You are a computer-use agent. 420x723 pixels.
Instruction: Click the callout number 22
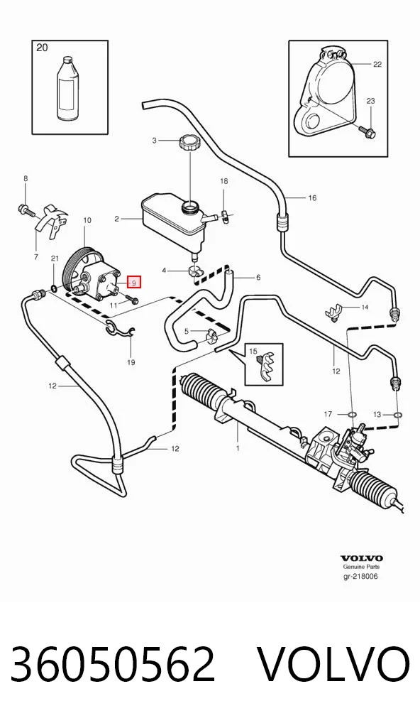click(377, 64)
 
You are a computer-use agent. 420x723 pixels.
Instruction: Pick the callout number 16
click(312, 198)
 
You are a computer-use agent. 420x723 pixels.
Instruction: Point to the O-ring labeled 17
click(351, 415)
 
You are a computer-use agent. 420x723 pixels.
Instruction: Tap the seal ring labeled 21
click(55, 288)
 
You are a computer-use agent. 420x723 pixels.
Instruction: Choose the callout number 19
click(131, 362)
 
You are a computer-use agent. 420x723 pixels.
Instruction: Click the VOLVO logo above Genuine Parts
click(362, 558)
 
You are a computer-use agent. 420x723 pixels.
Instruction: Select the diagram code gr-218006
click(360, 577)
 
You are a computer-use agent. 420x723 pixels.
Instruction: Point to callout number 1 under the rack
click(238, 447)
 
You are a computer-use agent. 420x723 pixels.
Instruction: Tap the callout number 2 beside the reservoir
click(117, 219)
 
